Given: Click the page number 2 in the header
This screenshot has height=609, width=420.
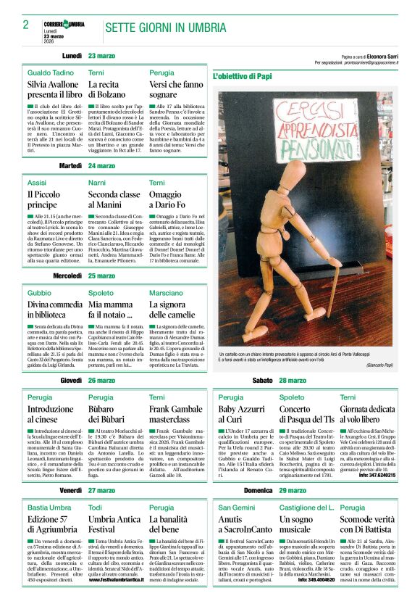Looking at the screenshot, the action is pos(25,25).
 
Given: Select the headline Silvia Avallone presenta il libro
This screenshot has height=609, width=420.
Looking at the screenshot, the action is pos(54,89).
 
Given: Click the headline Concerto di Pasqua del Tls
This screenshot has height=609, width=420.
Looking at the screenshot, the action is pos(307,415).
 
